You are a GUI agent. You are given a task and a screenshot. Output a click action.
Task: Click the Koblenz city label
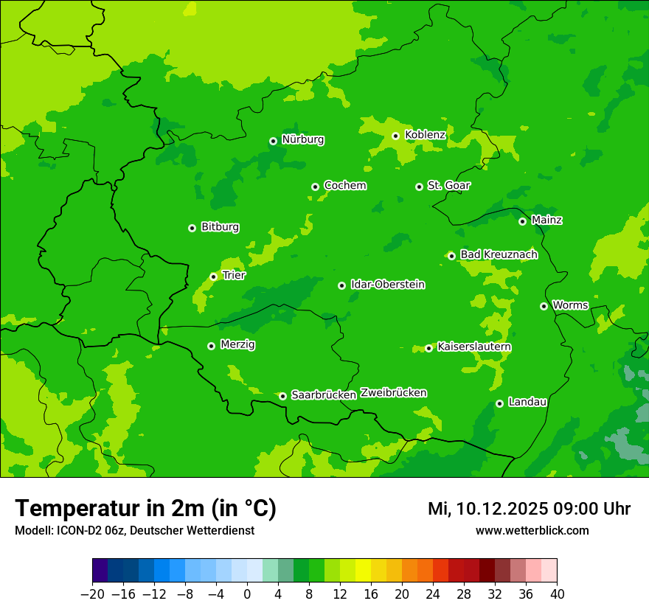426,135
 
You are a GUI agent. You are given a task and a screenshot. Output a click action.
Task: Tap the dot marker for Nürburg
273,141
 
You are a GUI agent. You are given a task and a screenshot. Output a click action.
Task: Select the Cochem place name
344,186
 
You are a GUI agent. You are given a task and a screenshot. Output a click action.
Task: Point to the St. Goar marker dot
419,187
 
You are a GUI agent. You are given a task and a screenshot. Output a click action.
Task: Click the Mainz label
546,220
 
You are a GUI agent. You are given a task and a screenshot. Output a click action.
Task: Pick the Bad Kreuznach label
499,254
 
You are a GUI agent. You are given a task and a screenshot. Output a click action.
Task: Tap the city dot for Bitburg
192,228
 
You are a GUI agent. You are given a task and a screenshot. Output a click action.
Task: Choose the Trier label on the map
234,275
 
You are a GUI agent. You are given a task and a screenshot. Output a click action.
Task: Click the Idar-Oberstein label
387,285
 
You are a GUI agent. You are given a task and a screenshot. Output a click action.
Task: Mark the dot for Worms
544,306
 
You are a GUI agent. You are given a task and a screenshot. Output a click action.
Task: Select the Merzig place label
238,344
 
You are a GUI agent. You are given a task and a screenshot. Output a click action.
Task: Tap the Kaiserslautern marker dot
428,348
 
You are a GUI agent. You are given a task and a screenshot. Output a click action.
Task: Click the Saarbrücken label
324,395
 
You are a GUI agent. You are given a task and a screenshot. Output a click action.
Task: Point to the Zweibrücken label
393,393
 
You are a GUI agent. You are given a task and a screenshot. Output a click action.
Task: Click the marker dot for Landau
499,403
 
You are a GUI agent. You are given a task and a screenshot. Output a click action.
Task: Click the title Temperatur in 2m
145,509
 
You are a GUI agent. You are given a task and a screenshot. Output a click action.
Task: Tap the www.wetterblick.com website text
532,530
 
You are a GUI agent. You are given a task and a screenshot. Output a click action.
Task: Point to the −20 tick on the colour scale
92,594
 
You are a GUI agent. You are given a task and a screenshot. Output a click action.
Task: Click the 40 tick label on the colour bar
557,594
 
